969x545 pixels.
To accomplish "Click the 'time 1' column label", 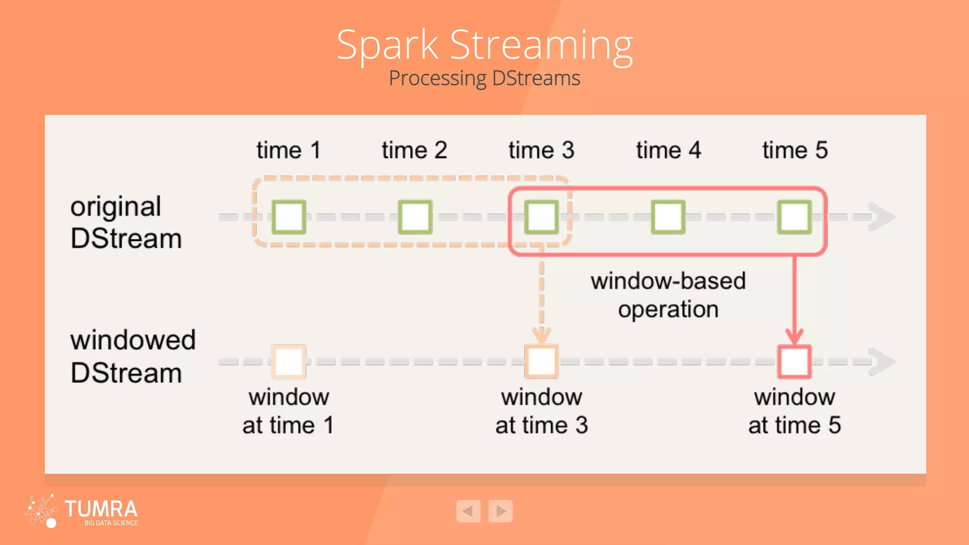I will pos(289,150).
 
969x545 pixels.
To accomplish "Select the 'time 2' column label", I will pos(414,150).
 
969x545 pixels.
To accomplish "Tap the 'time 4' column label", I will pos(668,150).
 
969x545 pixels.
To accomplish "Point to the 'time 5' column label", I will pos(795,150).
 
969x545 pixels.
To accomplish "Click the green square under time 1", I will pos(289,217).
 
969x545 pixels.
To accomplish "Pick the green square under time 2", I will pos(415,217).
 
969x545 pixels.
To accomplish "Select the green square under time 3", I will pos(541,217).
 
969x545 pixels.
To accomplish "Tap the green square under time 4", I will pos(668,217).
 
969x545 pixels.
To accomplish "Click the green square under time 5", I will pos(794,217).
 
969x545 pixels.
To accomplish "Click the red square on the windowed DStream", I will pos(794,362).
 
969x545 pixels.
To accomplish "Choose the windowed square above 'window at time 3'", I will pos(541,362).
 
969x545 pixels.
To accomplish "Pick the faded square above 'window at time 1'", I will pos(289,362).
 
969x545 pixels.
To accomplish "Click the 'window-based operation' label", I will pos(668,295).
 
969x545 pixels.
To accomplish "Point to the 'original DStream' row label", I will pos(126,222).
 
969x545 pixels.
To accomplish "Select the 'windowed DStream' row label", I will pos(132,356).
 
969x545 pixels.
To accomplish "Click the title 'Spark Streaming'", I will pos(484,45).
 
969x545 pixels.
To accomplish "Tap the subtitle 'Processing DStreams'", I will pos(484,79).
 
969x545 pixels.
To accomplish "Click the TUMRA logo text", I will pos(101,510).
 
